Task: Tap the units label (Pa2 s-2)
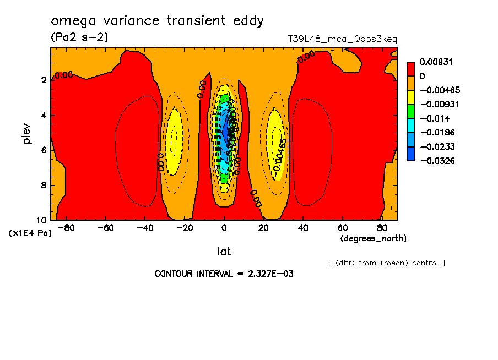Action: point(79,37)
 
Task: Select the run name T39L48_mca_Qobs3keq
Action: point(342,39)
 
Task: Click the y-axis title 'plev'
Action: point(27,134)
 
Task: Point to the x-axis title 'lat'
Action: point(224,252)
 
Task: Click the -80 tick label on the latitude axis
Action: point(66,227)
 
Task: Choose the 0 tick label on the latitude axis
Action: point(224,227)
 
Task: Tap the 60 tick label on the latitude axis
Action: point(342,227)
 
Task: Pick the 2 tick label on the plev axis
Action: point(43,80)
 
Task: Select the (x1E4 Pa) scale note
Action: point(30,233)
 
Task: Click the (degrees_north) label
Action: point(373,238)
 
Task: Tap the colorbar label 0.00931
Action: point(435,62)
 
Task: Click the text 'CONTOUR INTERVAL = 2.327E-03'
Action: point(224,274)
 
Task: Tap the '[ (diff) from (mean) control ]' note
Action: point(386,263)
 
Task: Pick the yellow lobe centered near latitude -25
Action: point(174,140)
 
